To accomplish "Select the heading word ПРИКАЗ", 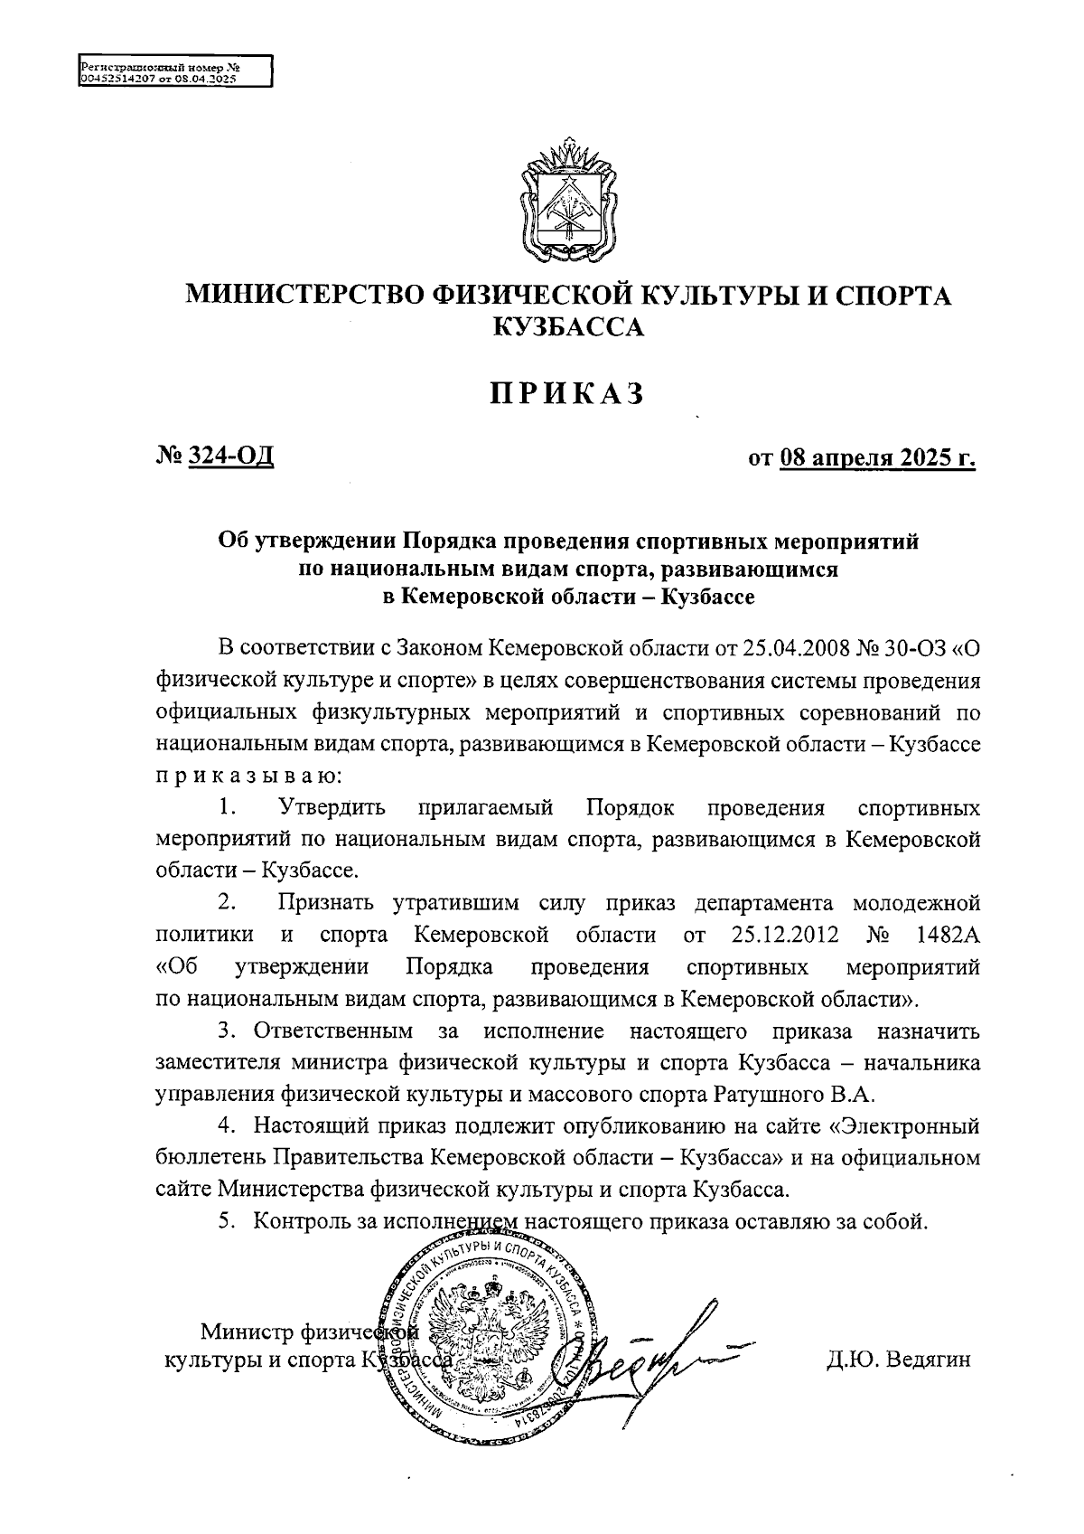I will [567, 394].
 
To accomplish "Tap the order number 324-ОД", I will [229, 456].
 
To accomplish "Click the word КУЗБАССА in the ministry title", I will [567, 327].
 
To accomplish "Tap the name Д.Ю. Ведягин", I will [898, 1360].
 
